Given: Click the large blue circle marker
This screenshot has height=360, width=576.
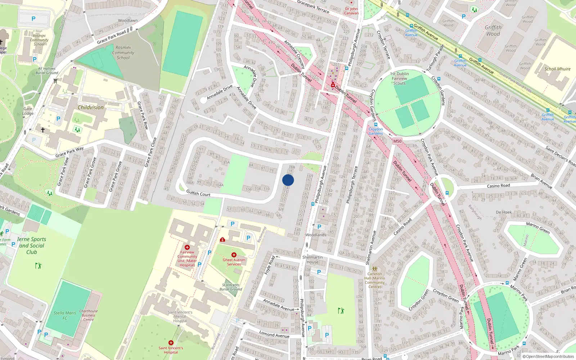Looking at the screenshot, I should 288,180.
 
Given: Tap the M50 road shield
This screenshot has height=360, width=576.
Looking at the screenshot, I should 397,141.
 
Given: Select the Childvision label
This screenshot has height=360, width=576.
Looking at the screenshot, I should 91,107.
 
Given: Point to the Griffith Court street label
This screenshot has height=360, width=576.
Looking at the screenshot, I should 198,194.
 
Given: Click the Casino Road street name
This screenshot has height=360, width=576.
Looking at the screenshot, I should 498,186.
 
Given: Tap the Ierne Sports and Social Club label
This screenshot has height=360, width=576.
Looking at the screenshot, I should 32,246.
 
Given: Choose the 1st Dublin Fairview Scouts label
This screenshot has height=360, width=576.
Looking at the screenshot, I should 400,78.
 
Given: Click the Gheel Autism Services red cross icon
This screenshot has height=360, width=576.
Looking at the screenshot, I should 234,255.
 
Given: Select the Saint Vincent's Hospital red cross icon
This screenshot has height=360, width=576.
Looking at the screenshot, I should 171,343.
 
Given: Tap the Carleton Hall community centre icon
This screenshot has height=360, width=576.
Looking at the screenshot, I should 375,269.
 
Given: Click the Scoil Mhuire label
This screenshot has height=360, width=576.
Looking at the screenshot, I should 557,69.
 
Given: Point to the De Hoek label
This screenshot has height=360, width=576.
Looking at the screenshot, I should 504,212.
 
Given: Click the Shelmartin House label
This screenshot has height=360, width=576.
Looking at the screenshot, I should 312,260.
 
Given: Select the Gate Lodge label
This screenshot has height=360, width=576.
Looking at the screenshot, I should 28,111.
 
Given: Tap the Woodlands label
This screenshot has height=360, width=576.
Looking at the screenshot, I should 316,235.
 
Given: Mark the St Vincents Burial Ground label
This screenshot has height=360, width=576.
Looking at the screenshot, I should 231,287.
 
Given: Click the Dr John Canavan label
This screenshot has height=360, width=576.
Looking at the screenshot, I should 351,11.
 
